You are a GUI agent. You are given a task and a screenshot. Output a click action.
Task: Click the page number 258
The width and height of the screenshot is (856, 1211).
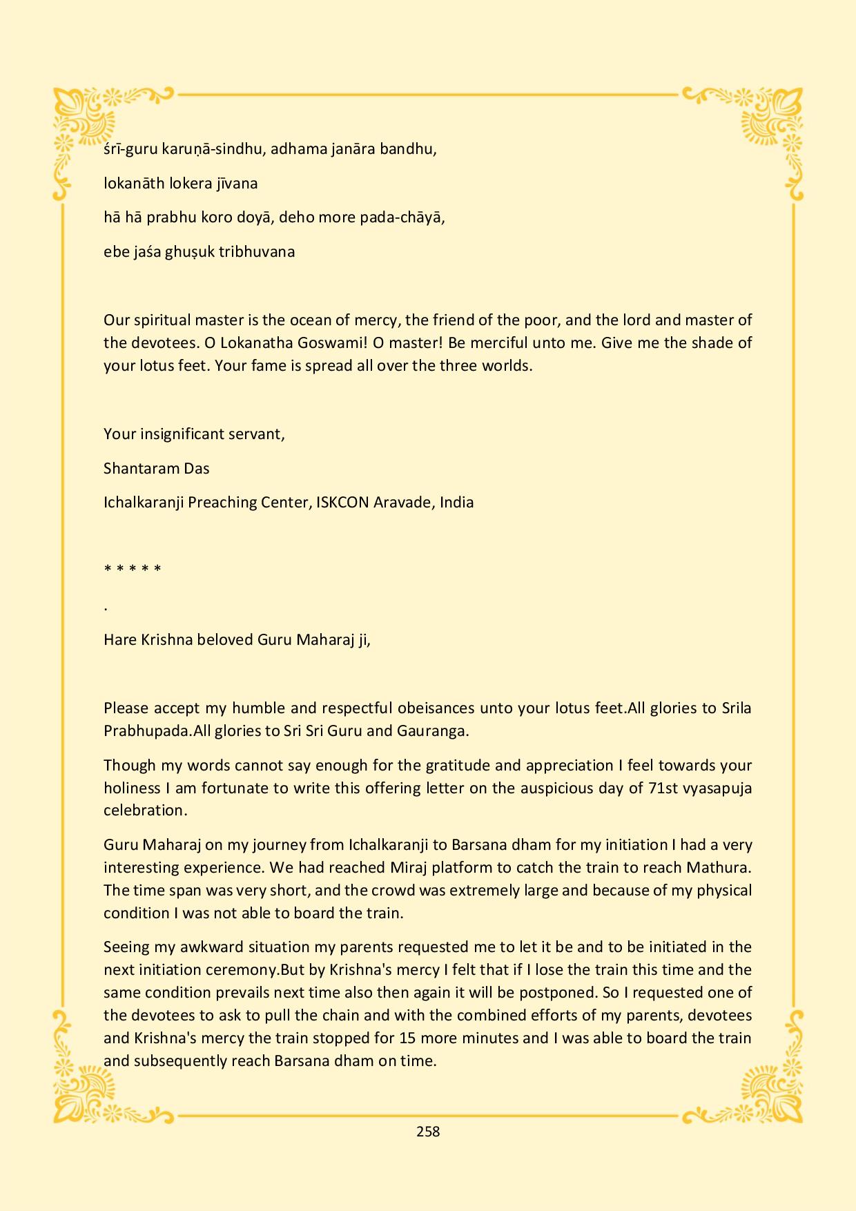(428, 1131)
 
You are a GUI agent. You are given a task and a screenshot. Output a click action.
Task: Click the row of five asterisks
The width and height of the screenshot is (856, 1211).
(133, 570)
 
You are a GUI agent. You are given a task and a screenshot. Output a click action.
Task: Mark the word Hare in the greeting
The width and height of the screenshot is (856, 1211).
(120, 639)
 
